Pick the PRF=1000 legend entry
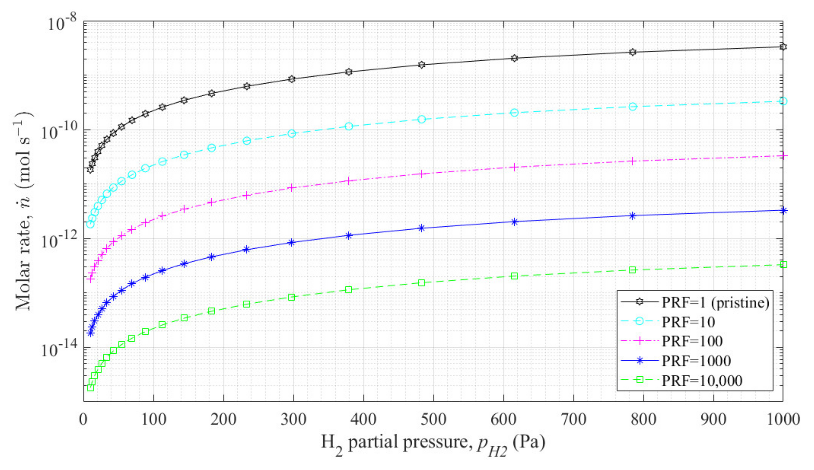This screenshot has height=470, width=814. pyautogui.click(x=696, y=361)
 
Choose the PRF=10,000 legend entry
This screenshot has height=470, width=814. pyautogui.click(x=702, y=380)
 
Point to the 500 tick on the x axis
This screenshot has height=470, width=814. pyautogui.click(x=434, y=419)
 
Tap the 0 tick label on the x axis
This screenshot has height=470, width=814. pyautogui.click(x=84, y=419)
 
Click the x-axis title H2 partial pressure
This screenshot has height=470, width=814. pyautogui.click(x=433, y=443)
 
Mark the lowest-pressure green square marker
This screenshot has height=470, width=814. pyautogui.click(x=91, y=387)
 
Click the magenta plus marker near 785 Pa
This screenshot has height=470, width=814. pyautogui.click(x=632, y=161)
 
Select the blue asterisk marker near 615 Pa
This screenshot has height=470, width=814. pyautogui.click(x=514, y=222)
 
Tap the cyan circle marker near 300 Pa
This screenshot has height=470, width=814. pyautogui.click(x=292, y=134)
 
